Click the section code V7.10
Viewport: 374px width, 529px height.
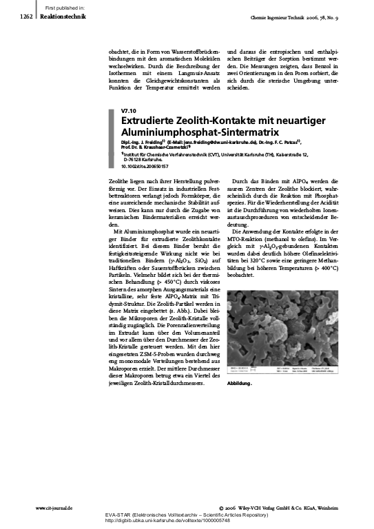pyautogui.click(x=128, y=110)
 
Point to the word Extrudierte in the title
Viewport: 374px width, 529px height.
pyautogui.click(x=149, y=120)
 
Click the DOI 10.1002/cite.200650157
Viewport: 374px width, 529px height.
pyautogui.click(x=144, y=166)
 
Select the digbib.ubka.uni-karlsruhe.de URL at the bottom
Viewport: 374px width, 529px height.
pyautogui.click(x=186, y=521)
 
